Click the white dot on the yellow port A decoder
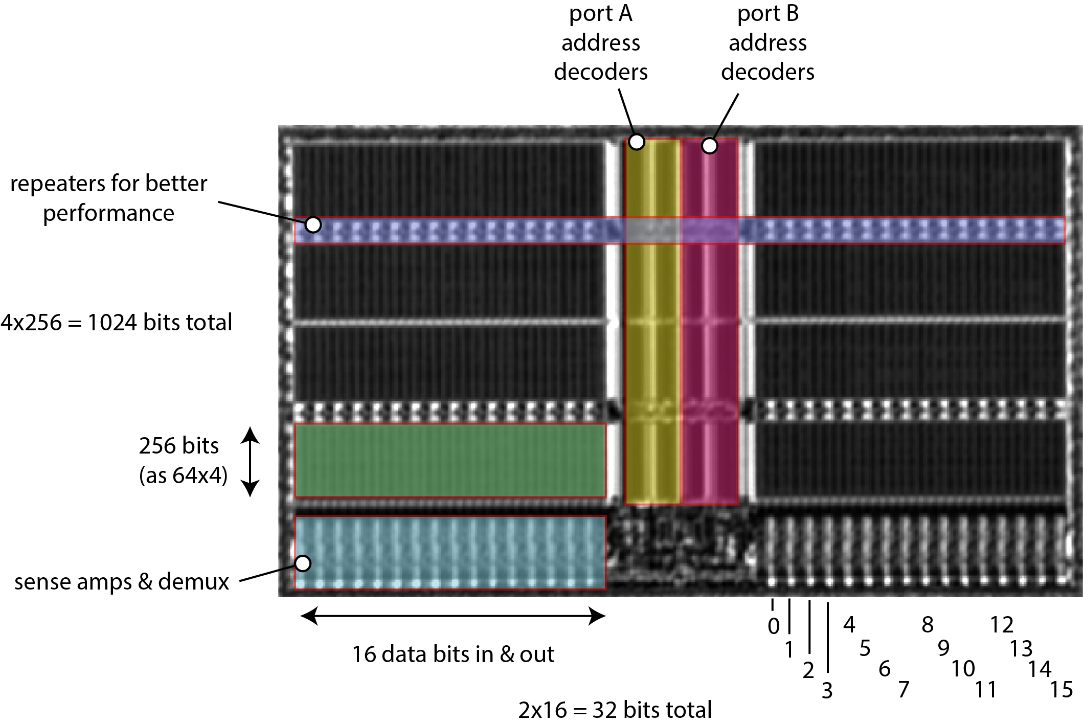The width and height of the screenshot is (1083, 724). (x=637, y=142)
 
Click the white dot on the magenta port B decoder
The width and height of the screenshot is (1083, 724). (x=710, y=146)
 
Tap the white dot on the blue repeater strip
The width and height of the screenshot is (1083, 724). (x=313, y=224)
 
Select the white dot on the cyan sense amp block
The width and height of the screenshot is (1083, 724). (x=303, y=563)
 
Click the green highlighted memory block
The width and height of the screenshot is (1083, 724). (x=450, y=460)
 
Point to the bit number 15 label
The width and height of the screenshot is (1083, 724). (x=1062, y=690)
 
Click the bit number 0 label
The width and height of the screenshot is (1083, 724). (x=774, y=626)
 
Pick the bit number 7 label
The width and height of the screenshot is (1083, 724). (x=904, y=690)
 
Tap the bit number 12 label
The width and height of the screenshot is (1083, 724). (x=1002, y=625)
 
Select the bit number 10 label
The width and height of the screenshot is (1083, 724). (x=963, y=669)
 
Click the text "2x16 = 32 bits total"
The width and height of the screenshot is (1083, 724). (x=615, y=710)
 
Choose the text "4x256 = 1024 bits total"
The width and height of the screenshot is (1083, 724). (x=117, y=323)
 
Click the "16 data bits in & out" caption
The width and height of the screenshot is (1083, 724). (x=453, y=654)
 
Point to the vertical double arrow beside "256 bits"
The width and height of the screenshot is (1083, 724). (x=250, y=462)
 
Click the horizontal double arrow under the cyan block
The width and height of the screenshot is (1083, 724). (x=453, y=616)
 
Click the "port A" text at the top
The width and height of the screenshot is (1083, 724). (x=601, y=14)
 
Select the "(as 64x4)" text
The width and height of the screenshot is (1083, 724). (x=183, y=476)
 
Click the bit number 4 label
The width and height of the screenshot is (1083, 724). (x=849, y=625)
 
